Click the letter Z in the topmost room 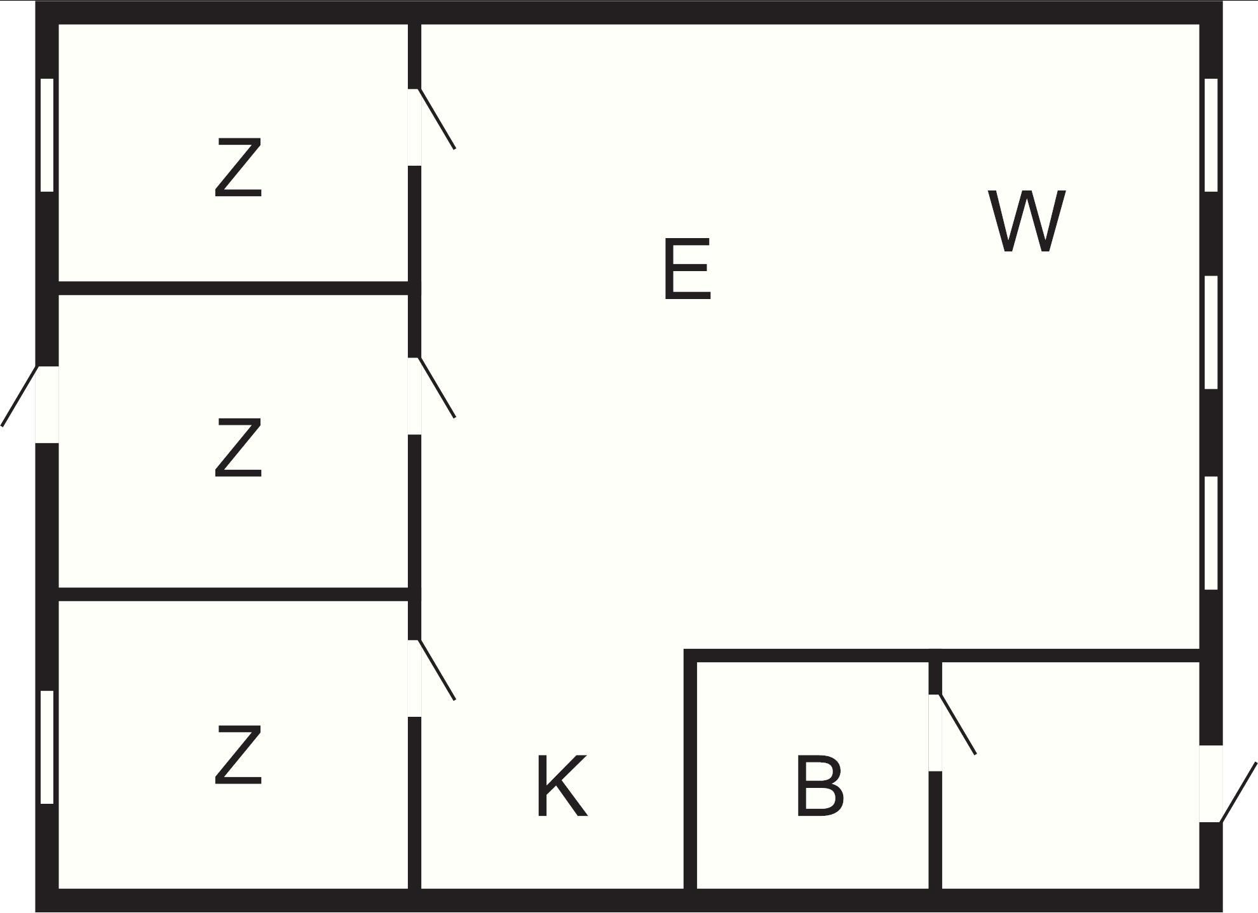tap(238, 168)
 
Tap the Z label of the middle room tap(238, 447)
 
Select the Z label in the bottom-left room tap(238, 755)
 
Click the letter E tap(687, 269)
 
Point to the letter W tap(1027, 221)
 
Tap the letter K tap(562, 787)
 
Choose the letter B tap(820, 785)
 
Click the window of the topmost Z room tap(47, 135)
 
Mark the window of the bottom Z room tap(47, 747)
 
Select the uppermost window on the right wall tap(1211, 135)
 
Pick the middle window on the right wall tap(1211, 332)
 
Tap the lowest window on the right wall tap(1211, 533)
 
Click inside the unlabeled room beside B tap(1070, 775)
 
